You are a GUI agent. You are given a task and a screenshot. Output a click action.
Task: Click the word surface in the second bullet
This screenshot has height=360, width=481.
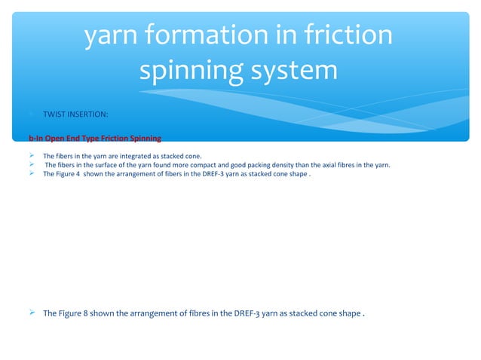(109, 165)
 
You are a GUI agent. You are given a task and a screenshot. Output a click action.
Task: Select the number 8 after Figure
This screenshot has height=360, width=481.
(94, 313)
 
